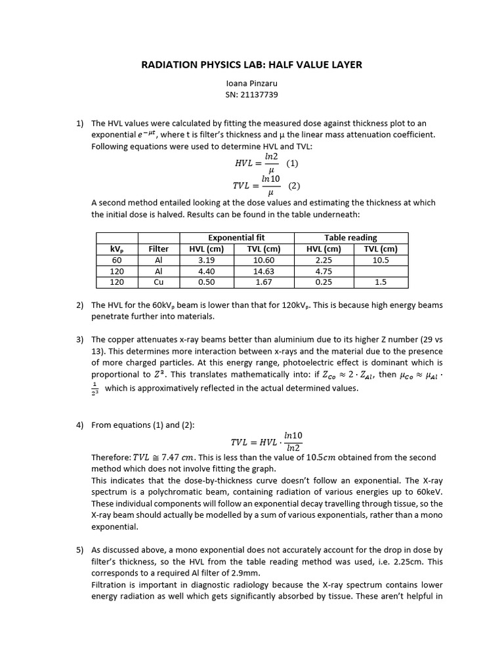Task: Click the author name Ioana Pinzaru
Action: (252, 84)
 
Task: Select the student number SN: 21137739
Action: (252, 95)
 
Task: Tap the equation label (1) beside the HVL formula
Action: (292, 163)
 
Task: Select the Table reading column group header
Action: (350, 238)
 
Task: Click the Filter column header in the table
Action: (159, 249)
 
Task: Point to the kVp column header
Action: (117, 249)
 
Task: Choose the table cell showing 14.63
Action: (265, 271)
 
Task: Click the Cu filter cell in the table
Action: (159, 282)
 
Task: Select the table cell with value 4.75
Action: (322, 271)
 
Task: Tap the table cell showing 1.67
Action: (265, 282)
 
